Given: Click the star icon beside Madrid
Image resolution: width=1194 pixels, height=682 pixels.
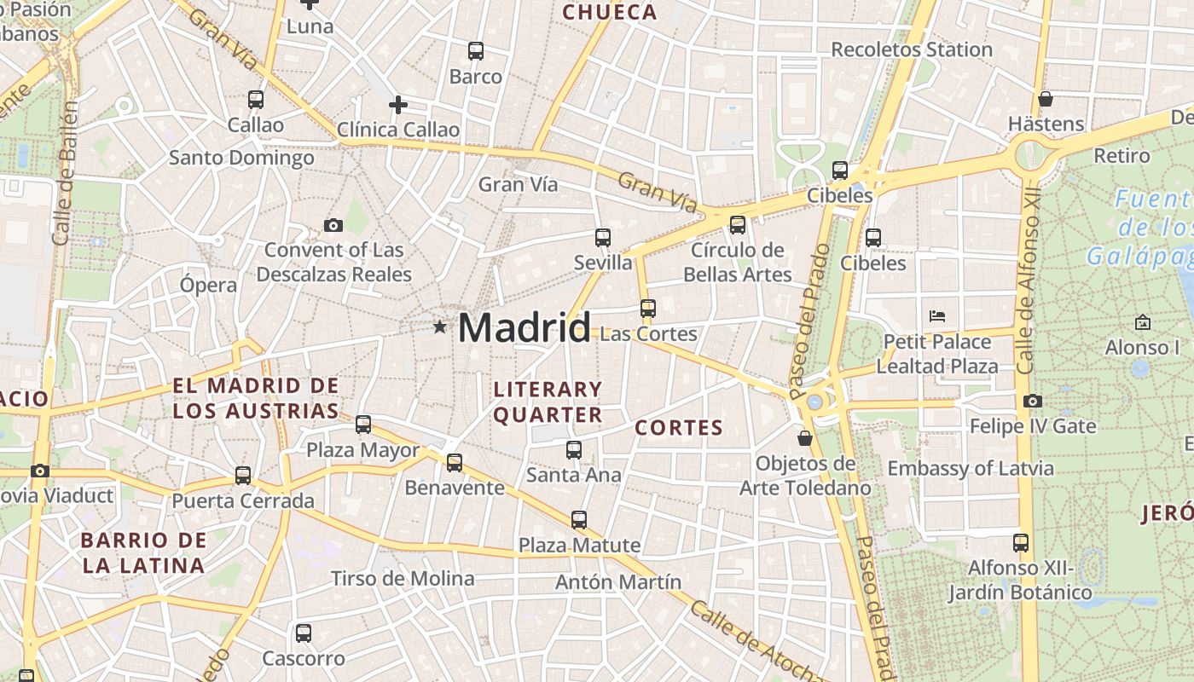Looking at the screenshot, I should (439, 327).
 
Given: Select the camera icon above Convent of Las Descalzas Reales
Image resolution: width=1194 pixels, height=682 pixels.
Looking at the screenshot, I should (333, 225).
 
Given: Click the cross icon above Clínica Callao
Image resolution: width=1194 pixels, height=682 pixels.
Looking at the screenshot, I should (397, 105).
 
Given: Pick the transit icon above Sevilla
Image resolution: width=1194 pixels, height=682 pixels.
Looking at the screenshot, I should (602, 237).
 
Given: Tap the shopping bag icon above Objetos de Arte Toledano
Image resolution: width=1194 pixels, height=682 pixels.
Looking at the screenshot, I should (804, 438).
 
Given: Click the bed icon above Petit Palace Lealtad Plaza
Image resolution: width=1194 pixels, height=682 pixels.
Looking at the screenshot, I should (936, 316).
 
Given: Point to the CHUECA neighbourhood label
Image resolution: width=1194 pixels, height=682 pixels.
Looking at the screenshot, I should (610, 12).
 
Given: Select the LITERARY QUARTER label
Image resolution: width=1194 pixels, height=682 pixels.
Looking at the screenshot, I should (548, 402).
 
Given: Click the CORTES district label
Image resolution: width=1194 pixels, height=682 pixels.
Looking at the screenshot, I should (680, 428).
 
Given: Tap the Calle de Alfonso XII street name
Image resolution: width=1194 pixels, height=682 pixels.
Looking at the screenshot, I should (1029, 281).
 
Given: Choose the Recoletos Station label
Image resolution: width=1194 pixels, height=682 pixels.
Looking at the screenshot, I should (912, 49).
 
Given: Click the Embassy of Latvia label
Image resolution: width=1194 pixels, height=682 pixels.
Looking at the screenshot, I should (971, 468).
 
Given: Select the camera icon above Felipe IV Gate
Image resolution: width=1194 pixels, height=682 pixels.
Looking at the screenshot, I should (1032, 401).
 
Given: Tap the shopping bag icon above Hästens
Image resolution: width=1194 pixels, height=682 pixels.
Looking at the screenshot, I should (1045, 99).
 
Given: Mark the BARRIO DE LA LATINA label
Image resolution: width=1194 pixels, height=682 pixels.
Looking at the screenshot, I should (143, 552).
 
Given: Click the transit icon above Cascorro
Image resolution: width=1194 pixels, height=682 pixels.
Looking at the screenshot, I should (303, 633).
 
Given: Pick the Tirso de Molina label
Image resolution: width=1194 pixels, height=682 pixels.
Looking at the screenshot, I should (403, 579).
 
